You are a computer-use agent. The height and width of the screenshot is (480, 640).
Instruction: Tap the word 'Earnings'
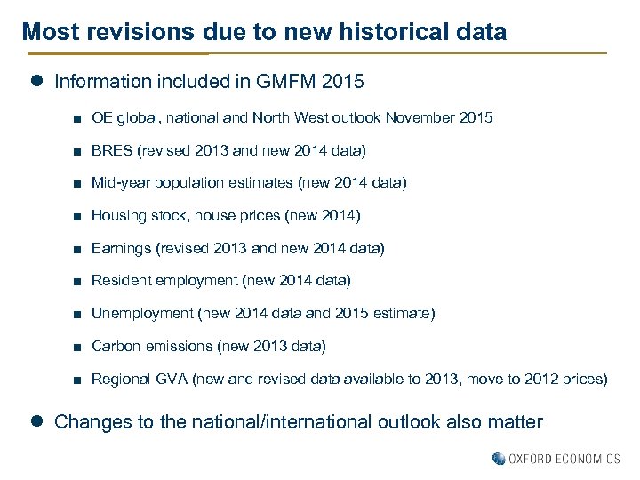pos(121,248)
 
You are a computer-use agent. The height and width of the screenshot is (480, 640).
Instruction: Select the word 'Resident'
pos(121,281)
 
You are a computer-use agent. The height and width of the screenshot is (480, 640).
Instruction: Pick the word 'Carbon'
pos(116,346)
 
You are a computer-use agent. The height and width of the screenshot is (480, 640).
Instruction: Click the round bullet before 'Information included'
pos(37,81)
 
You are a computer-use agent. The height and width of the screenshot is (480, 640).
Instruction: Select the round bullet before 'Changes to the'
pos(37,420)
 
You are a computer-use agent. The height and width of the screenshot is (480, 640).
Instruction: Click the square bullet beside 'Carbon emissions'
pos(79,347)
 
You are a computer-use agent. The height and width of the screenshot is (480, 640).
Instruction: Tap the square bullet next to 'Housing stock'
pos(79,216)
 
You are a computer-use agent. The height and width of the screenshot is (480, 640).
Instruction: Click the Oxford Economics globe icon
pos(499,459)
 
